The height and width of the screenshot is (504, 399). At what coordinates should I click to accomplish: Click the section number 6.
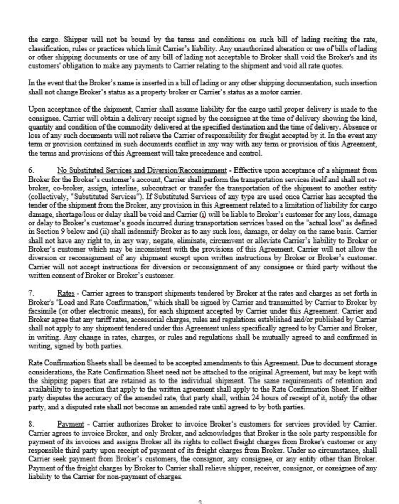coord(31,170)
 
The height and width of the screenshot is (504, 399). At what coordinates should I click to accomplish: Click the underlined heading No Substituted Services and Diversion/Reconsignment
coord(142,170)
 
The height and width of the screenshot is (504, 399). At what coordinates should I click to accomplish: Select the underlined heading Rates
coord(65,293)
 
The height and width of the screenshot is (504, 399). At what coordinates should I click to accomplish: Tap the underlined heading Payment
coord(71,424)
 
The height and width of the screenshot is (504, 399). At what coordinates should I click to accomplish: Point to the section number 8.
coord(31,424)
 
